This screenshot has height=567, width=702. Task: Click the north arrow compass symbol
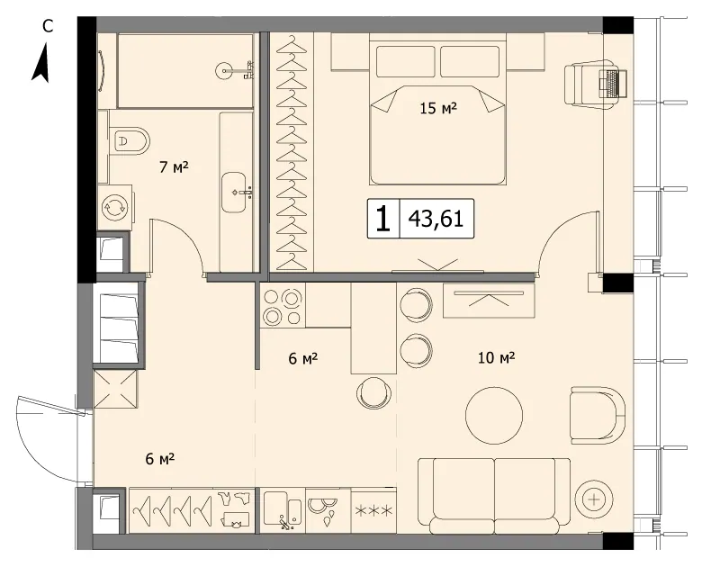(x=40, y=63)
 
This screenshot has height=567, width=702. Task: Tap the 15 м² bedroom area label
(x=438, y=108)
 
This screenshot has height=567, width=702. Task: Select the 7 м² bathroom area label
(x=174, y=167)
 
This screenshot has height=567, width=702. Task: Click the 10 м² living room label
(x=497, y=358)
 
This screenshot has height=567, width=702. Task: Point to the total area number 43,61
(x=436, y=219)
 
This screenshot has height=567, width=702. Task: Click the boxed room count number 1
(x=382, y=219)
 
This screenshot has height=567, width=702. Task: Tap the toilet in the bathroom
(x=130, y=141)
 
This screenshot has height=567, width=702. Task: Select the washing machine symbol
(x=115, y=207)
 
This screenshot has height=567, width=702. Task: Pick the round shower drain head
(x=224, y=70)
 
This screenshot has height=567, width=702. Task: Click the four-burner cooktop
(x=282, y=306)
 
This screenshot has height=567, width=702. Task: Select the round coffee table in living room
(x=494, y=415)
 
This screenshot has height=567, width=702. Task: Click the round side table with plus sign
(x=594, y=499)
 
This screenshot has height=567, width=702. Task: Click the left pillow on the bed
(x=406, y=61)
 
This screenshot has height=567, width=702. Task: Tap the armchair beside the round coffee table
(x=598, y=416)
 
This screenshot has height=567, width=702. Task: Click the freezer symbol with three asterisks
(x=373, y=510)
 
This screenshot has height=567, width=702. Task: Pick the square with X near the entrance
(x=114, y=389)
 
